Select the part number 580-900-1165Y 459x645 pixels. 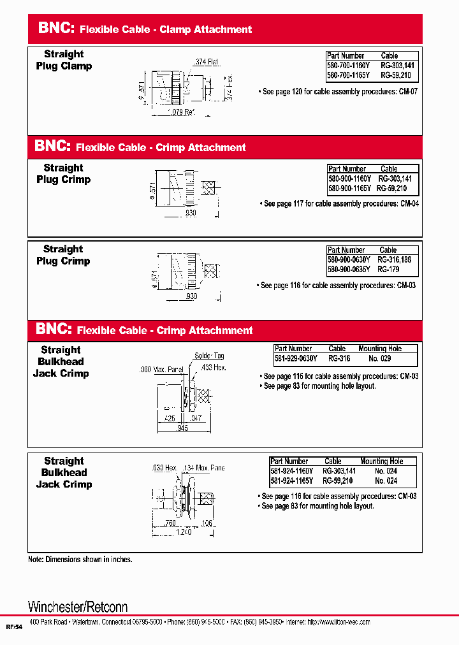point(349,189)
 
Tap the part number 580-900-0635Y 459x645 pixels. point(349,270)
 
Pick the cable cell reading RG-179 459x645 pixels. point(388,270)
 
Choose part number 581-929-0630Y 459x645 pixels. point(293,358)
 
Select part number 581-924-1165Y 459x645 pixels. point(291,481)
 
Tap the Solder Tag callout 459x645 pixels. point(209,356)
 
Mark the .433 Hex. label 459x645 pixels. point(212,368)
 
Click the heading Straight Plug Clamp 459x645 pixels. point(64,60)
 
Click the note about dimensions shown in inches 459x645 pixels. point(80,559)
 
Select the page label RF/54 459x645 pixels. point(14,627)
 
